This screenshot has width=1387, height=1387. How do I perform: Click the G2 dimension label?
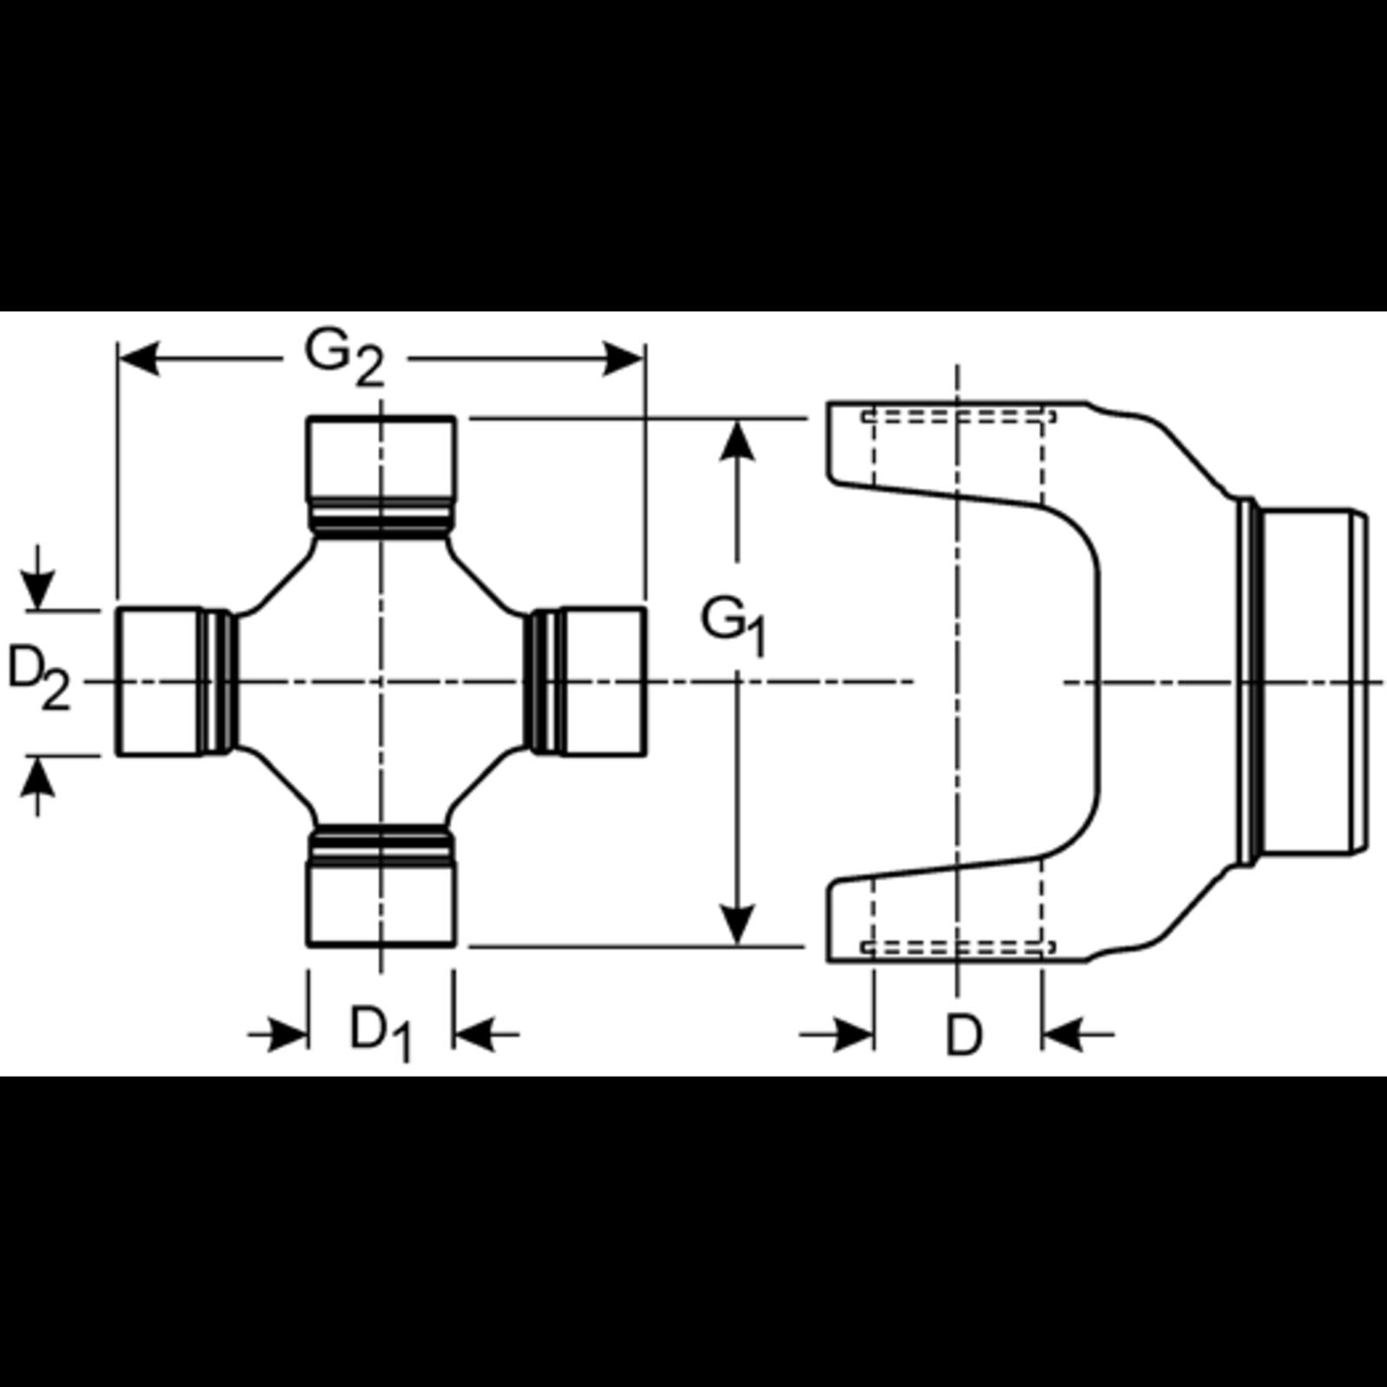pos(344,357)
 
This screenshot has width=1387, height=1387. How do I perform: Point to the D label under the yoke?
pos(963,1033)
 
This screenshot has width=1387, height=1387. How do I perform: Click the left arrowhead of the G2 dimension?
pos(139,359)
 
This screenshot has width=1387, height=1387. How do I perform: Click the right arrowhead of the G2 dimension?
pos(622,359)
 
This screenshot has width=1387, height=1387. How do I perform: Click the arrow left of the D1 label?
pos(286,1033)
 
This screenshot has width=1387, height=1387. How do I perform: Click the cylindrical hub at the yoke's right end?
pos(1309,681)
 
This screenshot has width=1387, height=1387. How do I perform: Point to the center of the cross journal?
pos(381,681)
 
